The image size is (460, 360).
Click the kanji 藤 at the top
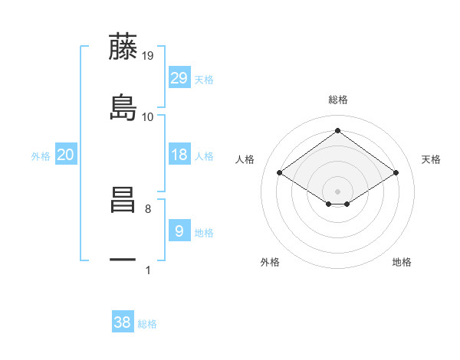click(x=123, y=47)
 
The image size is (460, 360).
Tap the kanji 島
click(x=123, y=107)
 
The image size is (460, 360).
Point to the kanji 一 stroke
click(x=123, y=260)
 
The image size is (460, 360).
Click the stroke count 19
click(x=148, y=56)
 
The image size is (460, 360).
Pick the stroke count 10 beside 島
click(x=148, y=116)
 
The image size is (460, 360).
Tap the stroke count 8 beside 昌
click(x=148, y=208)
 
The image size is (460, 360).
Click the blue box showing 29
click(x=179, y=78)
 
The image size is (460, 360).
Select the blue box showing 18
click(x=179, y=155)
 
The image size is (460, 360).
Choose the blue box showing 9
click(x=179, y=231)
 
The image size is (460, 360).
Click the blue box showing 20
click(x=66, y=155)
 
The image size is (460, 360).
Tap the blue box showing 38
click(x=123, y=322)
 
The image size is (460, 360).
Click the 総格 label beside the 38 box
click(x=148, y=324)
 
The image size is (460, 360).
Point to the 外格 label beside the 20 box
click(x=41, y=156)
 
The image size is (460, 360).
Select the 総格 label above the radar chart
click(x=338, y=100)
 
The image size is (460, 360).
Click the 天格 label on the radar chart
click(x=432, y=159)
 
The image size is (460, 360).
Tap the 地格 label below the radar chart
click(x=402, y=262)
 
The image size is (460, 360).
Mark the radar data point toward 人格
click(x=280, y=173)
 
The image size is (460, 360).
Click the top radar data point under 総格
click(x=338, y=130)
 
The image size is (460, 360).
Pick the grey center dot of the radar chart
click(x=338, y=191)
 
